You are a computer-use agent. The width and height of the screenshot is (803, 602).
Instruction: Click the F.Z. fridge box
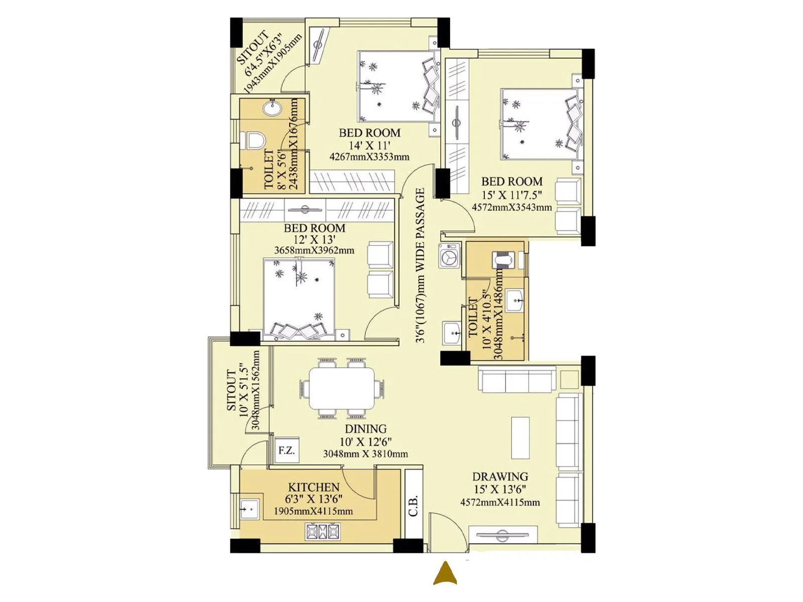pyautogui.click(x=287, y=450)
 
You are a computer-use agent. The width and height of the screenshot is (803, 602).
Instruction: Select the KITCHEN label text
pyautogui.click(x=314, y=487)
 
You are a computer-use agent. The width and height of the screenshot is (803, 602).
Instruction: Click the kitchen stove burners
pyautogui.click(x=323, y=531)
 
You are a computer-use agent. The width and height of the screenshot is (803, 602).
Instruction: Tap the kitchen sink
pyautogui.click(x=249, y=510)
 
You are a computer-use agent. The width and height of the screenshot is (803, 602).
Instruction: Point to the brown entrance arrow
pyautogui.click(x=445, y=573)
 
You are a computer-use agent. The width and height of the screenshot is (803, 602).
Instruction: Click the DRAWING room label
pyautogui.click(x=500, y=477)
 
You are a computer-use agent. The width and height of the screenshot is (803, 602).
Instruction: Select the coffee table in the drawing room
pyautogui.click(x=520, y=437)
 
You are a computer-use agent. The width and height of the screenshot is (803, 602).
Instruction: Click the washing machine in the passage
pyautogui.click(x=450, y=256)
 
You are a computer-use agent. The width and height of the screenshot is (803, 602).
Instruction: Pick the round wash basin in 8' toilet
pyautogui.click(x=273, y=107)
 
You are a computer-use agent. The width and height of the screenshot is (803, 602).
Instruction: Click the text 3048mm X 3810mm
pyautogui.click(x=365, y=454)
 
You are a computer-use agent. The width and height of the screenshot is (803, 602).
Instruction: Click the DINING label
pyautogui.click(x=365, y=429)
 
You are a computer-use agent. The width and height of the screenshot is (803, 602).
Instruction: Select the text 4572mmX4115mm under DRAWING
pyautogui.click(x=500, y=502)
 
